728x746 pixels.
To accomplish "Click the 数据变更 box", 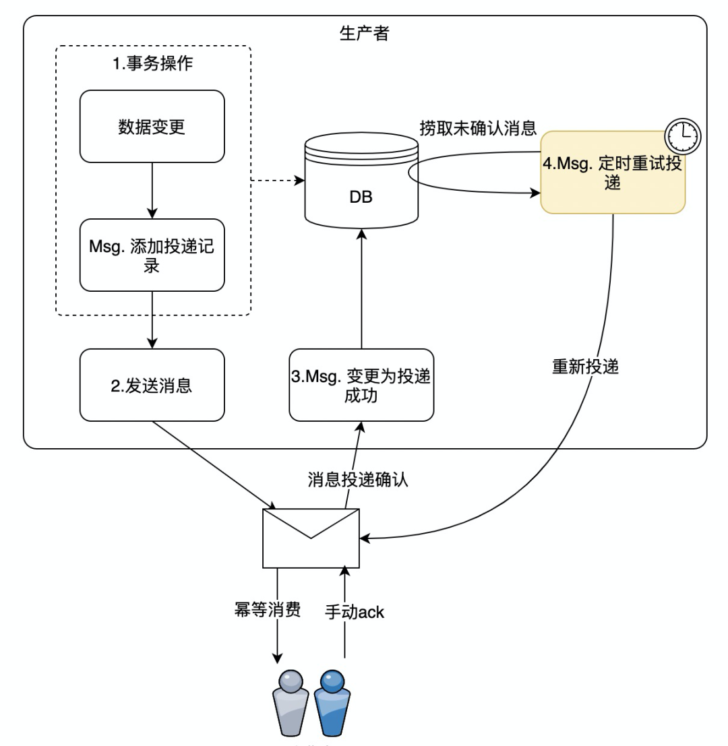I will point(152,126).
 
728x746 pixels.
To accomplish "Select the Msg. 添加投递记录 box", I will point(152,254).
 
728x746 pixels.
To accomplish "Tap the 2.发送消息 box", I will point(152,385).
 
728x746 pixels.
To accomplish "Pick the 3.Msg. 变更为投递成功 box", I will point(361,385).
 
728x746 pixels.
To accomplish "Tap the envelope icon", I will point(311,538).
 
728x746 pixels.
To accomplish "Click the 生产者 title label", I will point(364,34).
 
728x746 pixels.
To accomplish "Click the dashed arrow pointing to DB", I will point(276,181).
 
